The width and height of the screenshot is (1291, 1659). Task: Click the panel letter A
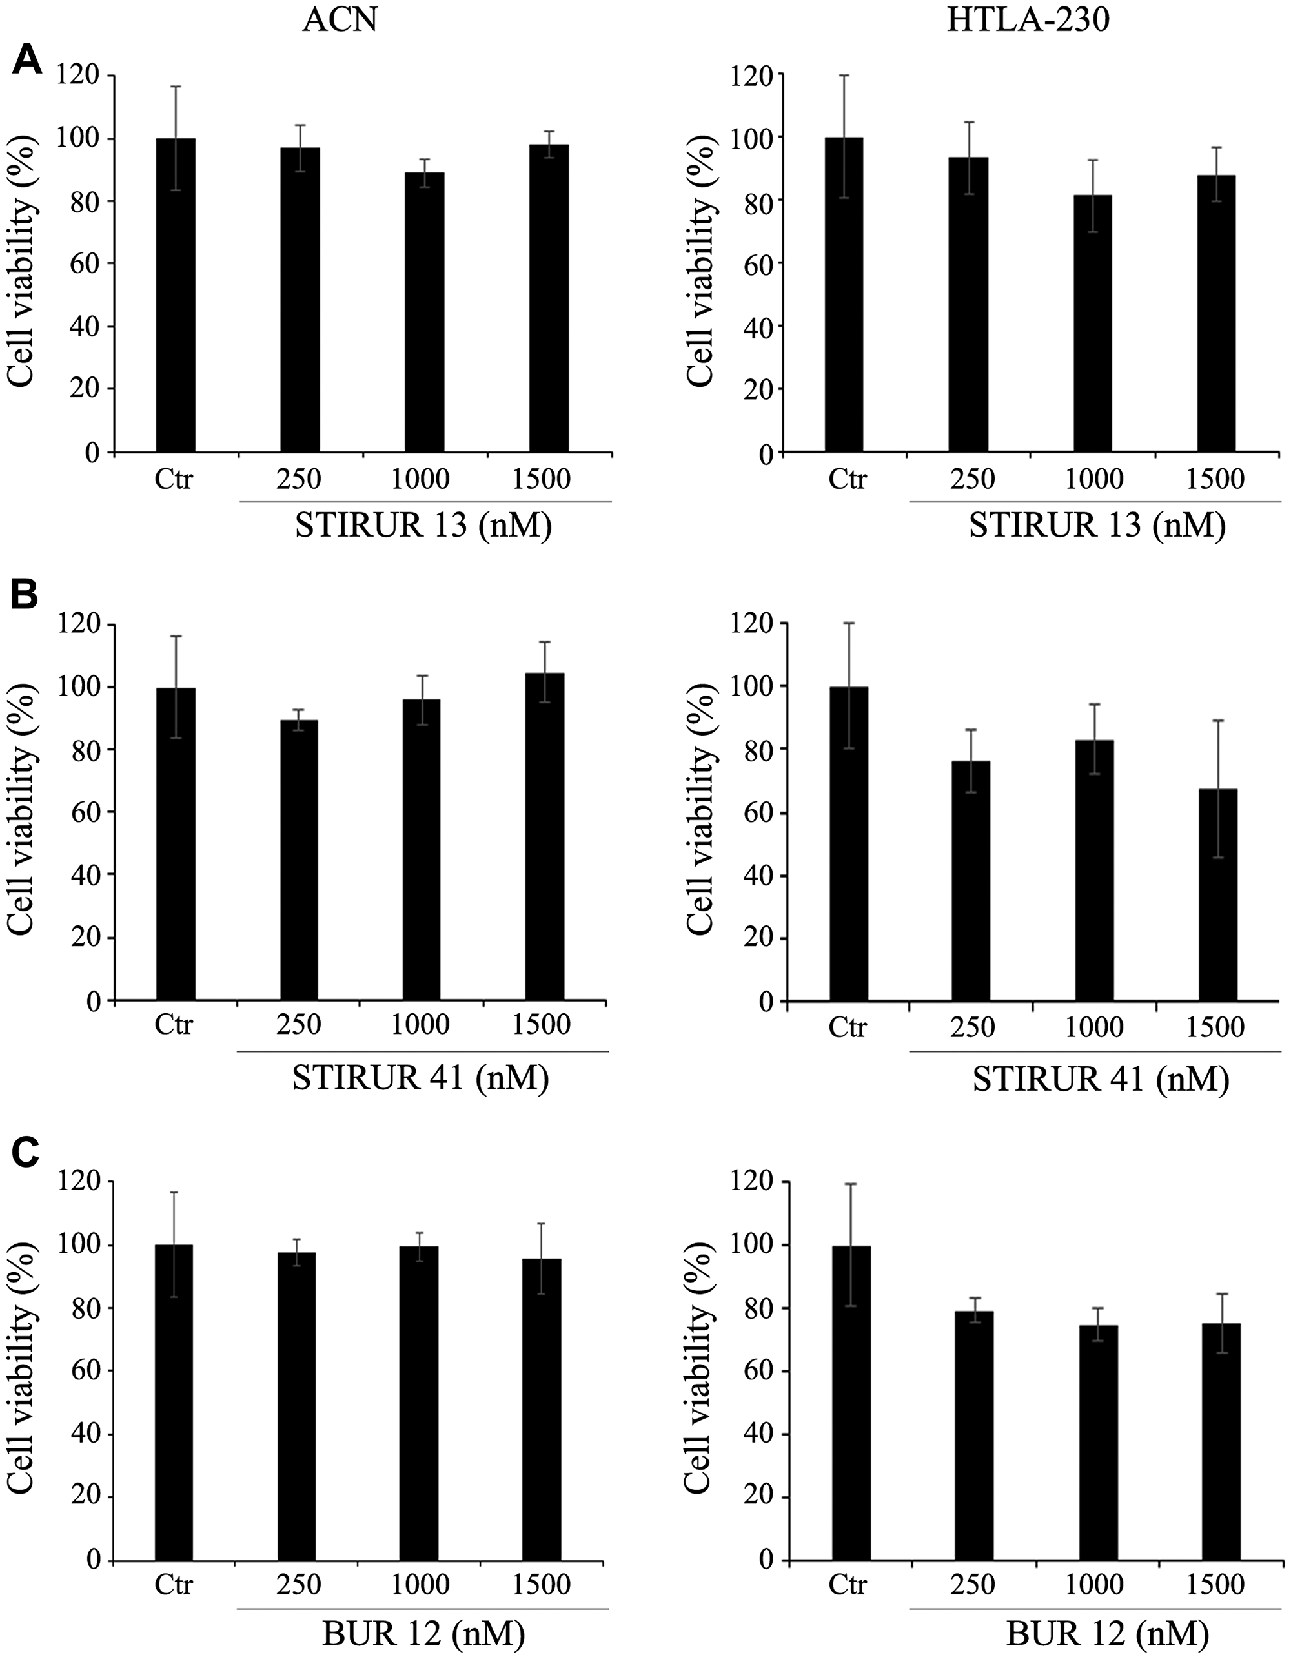pos(26,59)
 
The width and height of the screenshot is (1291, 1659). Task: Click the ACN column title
pos(340,21)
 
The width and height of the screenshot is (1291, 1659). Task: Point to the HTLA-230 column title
pos(1028,21)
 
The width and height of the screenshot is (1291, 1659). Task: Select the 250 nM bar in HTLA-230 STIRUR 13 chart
pos(968,304)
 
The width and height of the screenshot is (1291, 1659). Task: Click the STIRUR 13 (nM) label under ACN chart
pos(423,526)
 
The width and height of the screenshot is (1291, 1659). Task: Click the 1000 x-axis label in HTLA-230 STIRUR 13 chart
pos(1094,479)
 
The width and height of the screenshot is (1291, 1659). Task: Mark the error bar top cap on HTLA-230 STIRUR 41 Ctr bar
pos(849,623)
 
